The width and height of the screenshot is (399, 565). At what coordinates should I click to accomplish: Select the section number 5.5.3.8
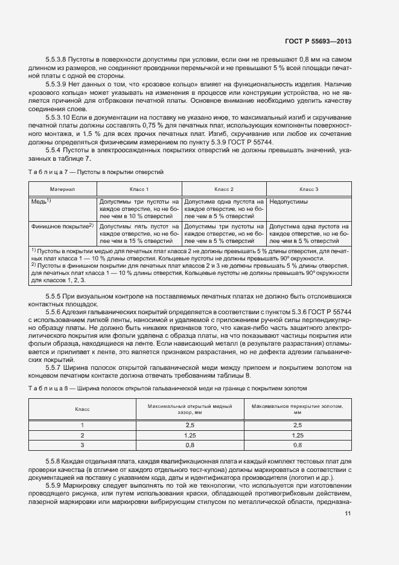[x=56, y=60]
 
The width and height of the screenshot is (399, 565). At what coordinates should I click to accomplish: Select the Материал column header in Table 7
[x=62, y=189]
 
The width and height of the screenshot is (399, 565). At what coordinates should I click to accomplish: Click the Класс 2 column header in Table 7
[x=223, y=189]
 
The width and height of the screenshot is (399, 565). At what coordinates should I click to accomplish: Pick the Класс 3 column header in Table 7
[x=308, y=189]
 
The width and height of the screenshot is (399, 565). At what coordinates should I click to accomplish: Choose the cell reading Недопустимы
[x=288, y=202]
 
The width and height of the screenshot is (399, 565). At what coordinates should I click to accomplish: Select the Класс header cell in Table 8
[x=82, y=410]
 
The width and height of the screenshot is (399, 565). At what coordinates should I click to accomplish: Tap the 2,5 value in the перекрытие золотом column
[x=297, y=425]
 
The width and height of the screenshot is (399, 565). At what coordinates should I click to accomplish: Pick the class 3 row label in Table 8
[x=82, y=445]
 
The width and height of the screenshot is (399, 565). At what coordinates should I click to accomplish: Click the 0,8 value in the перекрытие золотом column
[x=297, y=445]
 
